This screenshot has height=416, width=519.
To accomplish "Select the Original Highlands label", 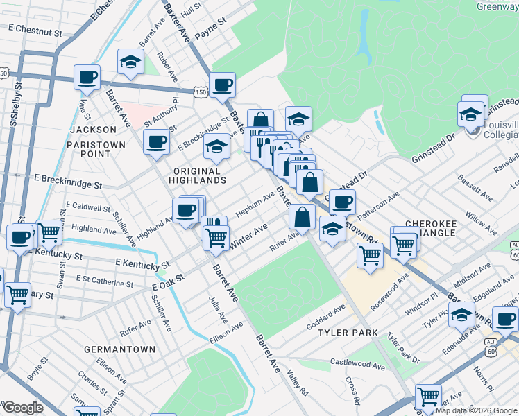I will (200, 175).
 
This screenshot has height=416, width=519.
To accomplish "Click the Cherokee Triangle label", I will (430, 228).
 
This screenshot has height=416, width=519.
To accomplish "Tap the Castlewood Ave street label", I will (357, 364).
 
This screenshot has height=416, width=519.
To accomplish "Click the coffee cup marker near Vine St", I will (87, 78).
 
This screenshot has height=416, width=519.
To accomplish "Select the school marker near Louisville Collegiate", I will (471, 114).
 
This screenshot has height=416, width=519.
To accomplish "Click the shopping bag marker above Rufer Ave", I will (302, 217).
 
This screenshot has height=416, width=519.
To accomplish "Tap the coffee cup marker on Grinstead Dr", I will (341, 202).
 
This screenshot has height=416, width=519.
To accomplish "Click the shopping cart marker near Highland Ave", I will (49, 233).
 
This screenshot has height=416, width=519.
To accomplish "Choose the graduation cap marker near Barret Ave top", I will (130, 62).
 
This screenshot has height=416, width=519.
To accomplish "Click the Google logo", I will (23, 408).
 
